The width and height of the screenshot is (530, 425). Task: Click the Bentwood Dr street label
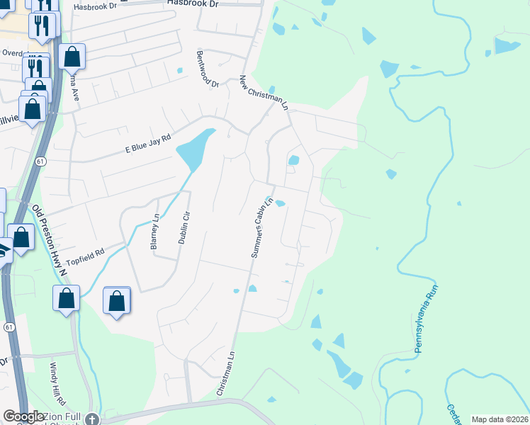(x=209, y=69)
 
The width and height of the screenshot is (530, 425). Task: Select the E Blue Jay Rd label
(x=148, y=144)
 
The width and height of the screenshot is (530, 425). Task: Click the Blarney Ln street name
(x=154, y=233)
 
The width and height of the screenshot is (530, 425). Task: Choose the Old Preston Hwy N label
(x=49, y=239)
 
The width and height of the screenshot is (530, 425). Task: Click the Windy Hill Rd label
(x=57, y=381)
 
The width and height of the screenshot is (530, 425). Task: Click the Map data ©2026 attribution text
(x=500, y=419)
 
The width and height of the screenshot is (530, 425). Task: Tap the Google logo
(x=24, y=416)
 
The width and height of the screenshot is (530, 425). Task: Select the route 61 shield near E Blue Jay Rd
(x=42, y=162)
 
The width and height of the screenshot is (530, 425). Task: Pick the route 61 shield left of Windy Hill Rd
(x=9, y=327)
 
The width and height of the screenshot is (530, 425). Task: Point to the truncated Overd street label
(x=12, y=52)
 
